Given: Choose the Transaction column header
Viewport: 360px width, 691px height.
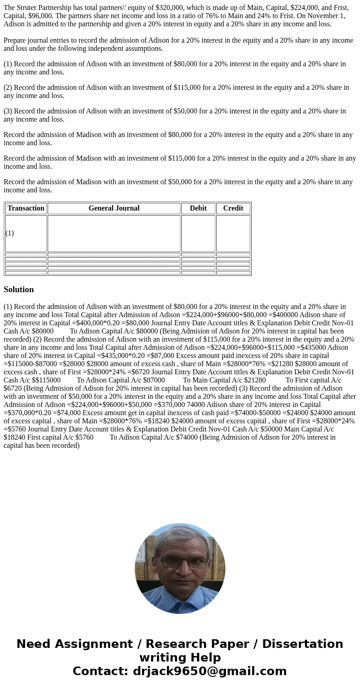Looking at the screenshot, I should [26, 208].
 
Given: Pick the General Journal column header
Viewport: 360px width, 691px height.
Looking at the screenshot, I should [114, 208].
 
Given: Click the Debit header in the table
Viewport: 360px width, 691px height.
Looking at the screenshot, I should [198, 208].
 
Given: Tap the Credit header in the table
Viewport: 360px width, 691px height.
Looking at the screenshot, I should [233, 208].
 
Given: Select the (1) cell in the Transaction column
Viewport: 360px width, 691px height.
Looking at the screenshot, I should [10, 233].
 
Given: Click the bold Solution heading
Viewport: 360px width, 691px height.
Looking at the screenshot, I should [19, 289].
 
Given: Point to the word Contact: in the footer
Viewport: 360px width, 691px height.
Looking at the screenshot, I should [100, 671].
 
